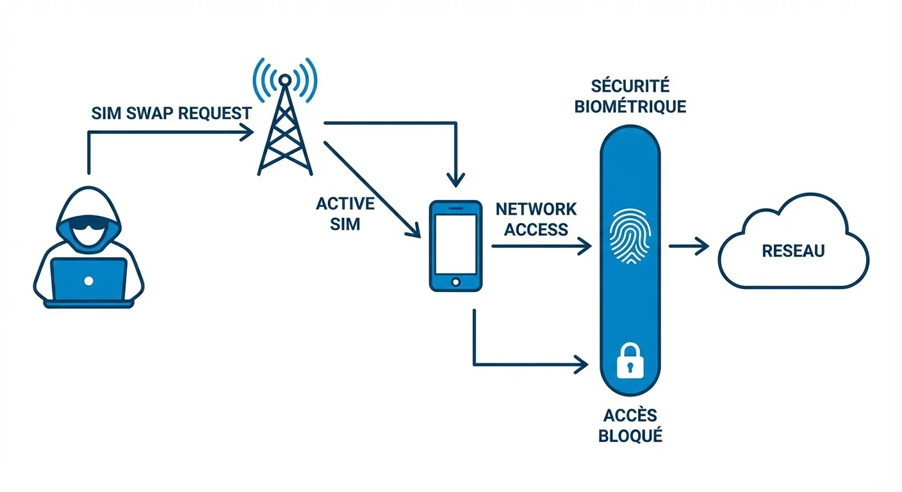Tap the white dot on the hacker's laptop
tap(88, 281)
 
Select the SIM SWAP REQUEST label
tap(171, 113)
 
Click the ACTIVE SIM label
tap(345, 214)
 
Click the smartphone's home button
tap(455, 282)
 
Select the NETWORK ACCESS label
tap(536, 219)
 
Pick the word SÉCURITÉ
tap(630, 86)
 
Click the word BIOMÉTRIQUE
tap(630, 106)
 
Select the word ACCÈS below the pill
tap(630, 416)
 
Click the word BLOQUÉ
tap(630, 437)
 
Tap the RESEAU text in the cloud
tap(793, 251)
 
